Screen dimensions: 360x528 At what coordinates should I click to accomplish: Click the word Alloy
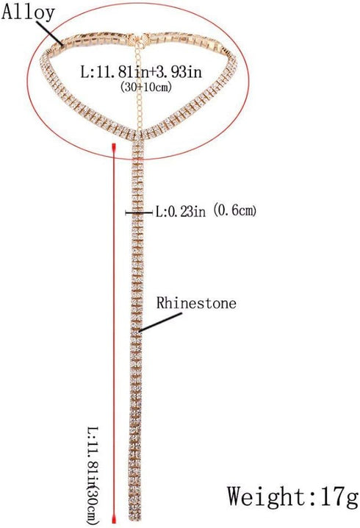(28, 13)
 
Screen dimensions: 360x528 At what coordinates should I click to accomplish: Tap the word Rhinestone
(196, 303)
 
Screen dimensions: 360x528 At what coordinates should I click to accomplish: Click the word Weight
(267, 496)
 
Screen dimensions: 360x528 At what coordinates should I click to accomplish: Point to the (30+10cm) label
(146, 87)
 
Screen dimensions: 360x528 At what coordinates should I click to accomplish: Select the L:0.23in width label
(180, 212)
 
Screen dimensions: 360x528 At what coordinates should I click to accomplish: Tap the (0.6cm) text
(235, 211)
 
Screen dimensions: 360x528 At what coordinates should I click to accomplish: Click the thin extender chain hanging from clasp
(140, 84)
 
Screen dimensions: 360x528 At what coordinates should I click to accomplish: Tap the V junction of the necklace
(139, 132)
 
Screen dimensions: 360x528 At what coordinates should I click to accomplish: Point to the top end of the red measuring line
(114, 144)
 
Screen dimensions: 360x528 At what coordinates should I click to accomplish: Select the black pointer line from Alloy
(49, 32)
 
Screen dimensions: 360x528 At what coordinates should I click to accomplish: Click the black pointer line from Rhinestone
(160, 322)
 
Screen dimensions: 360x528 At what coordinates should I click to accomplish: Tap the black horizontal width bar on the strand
(139, 213)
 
